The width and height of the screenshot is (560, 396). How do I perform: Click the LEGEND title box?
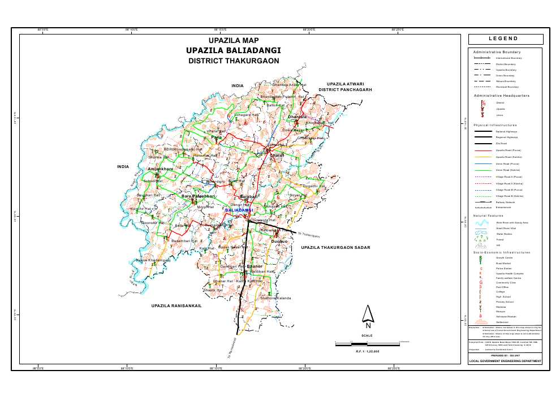tap(505, 39)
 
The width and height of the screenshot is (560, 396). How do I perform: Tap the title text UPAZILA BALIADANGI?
tap(233, 50)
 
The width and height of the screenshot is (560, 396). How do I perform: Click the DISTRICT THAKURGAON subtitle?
tap(233, 61)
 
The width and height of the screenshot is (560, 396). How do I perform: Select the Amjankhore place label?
tap(160, 169)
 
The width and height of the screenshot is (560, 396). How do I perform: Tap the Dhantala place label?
tap(297, 117)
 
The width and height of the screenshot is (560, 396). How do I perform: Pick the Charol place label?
tap(276, 155)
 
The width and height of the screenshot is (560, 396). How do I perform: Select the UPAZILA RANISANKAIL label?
tap(176, 305)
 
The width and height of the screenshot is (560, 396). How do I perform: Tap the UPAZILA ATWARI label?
tap(345, 83)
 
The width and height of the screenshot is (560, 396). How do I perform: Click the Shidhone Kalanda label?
tap(275, 298)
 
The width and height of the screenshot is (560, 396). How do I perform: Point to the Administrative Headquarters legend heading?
tap(501, 96)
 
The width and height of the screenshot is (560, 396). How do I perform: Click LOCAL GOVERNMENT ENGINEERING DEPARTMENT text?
tap(505, 361)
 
